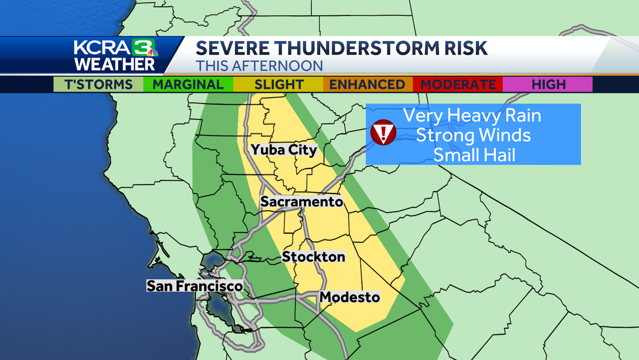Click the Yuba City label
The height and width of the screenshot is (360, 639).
point(284,150)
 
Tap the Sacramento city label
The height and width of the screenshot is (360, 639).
point(301,202)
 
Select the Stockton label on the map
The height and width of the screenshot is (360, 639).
point(314,257)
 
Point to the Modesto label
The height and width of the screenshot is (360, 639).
point(350,297)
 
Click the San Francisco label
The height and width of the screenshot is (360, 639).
point(195,286)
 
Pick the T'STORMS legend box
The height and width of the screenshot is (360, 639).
point(99,84)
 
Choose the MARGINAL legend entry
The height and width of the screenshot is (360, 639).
point(188,84)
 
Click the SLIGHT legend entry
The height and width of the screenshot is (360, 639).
point(278,84)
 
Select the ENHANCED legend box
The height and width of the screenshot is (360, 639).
point(367,84)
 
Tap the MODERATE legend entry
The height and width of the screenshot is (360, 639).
point(458,84)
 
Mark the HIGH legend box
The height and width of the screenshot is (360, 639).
point(547,84)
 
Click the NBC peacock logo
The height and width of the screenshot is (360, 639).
point(152,53)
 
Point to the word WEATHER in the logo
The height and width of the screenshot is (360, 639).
point(114,65)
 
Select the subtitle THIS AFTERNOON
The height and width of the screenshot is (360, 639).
point(259,66)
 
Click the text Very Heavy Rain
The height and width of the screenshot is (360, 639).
point(472,115)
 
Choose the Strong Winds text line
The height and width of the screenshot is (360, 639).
point(473,135)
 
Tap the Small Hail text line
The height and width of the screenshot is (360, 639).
point(473,155)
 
